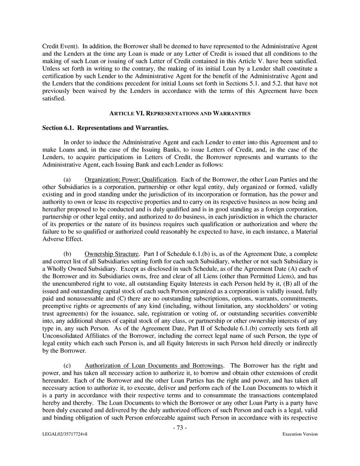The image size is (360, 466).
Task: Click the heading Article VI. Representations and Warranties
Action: point(180,114)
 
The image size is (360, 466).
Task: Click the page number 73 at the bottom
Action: point(180,428)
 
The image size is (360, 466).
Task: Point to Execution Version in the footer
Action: point(300,434)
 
